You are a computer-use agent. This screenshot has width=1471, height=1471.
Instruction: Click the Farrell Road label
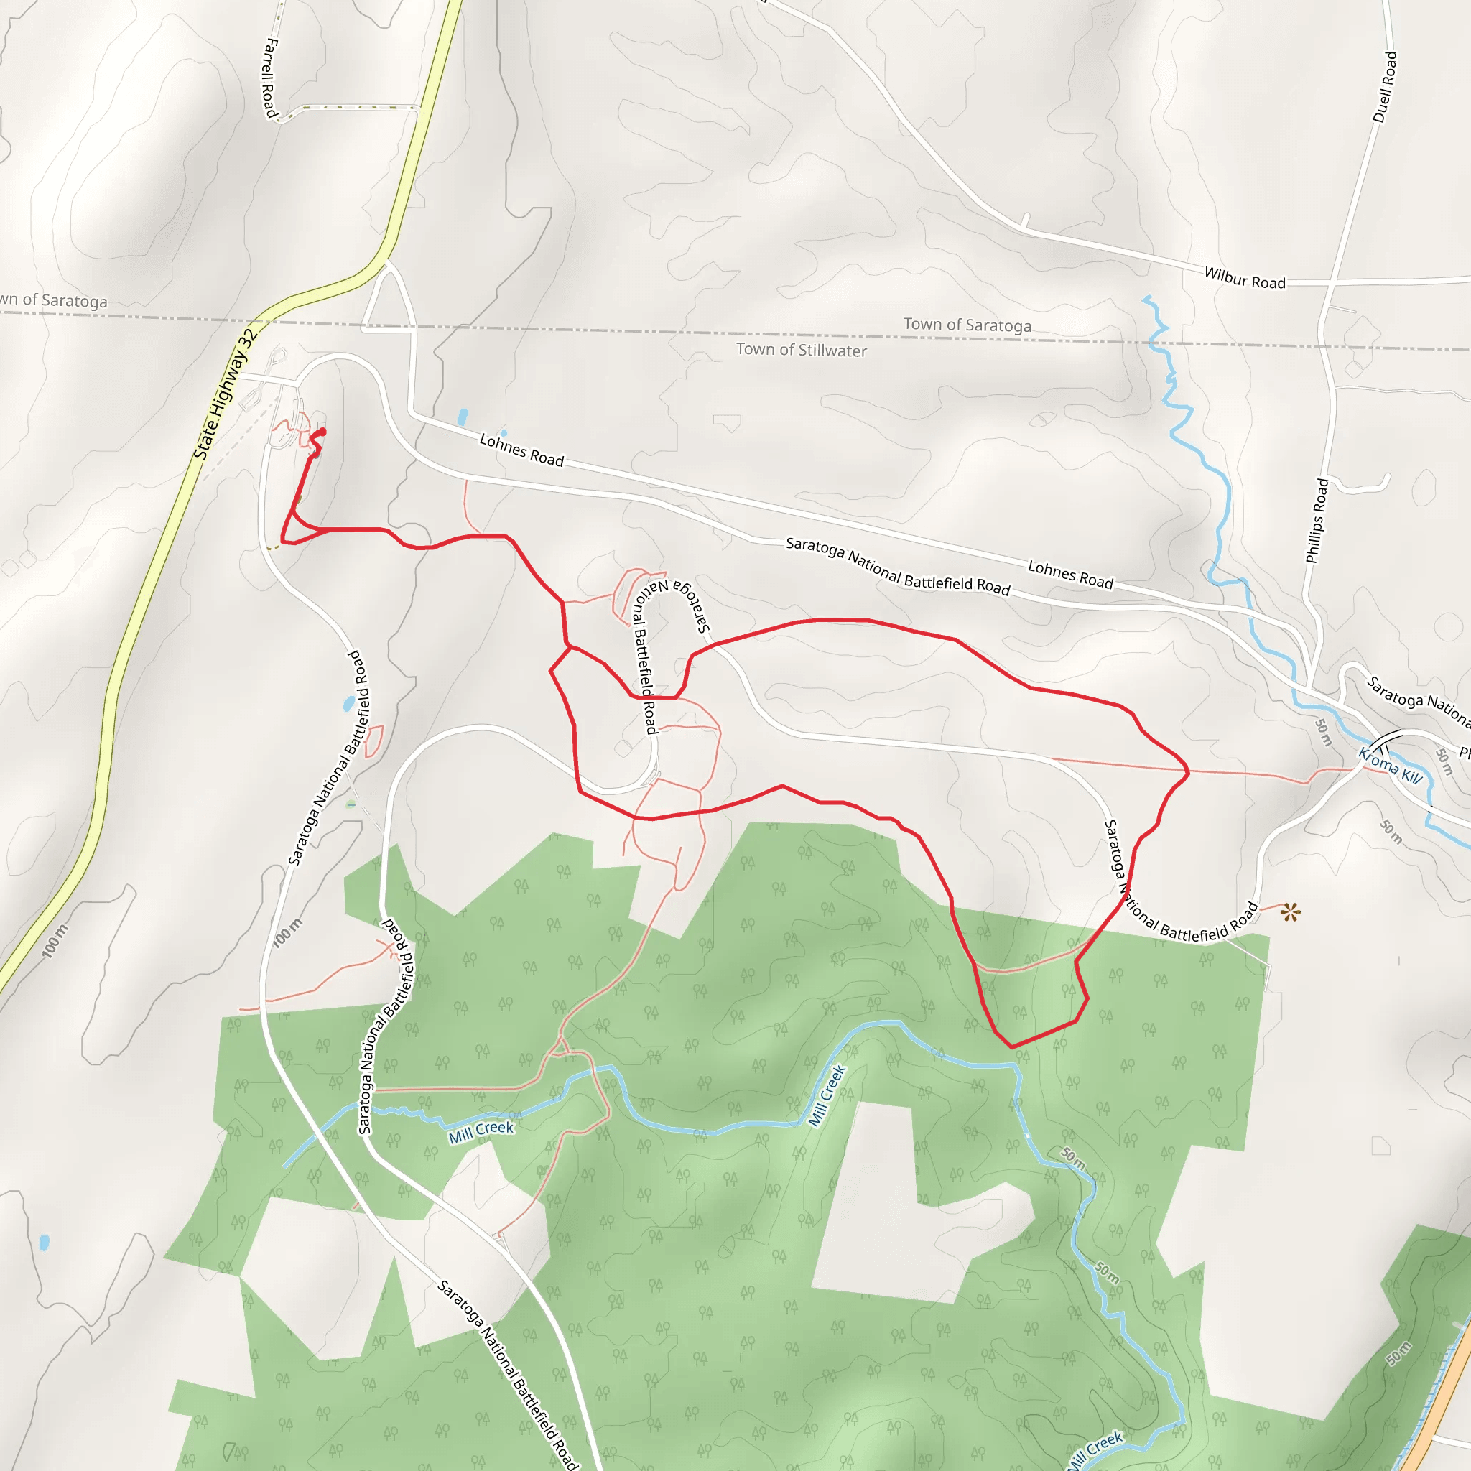(x=269, y=78)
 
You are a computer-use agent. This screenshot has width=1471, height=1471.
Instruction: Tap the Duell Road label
(x=1385, y=87)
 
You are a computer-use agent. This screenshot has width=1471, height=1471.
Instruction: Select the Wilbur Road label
(x=1244, y=278)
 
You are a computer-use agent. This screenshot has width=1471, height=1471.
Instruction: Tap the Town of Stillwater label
(x=801, y=351)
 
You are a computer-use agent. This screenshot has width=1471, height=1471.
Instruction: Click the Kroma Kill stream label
(x=1391, y=766)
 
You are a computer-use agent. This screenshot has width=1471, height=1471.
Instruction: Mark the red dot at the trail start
(x=322, y=432)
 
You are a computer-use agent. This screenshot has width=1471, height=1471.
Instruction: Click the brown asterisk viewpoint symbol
(x=1290, y=911)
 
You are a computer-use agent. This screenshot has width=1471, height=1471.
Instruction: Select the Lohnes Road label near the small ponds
(x=521, y=450)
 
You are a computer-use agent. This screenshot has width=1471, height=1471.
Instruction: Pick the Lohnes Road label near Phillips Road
(x=1070, y=574)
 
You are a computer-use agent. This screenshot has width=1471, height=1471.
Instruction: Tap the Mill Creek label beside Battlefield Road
(x=481, y=1131)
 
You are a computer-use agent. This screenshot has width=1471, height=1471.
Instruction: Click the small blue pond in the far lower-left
(x=44, y=1243)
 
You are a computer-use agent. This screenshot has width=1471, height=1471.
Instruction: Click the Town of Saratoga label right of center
(x=967, y=325)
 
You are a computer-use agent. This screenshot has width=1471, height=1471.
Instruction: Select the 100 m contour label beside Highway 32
(x=54, y=941)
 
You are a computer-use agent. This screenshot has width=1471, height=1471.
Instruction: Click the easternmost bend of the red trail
(x=1188, y=772)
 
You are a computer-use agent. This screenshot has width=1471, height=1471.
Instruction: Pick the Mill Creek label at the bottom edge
(x=1094, y=1448)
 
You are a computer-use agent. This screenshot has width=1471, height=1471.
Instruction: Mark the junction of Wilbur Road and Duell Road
(x=1331, y=282)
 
